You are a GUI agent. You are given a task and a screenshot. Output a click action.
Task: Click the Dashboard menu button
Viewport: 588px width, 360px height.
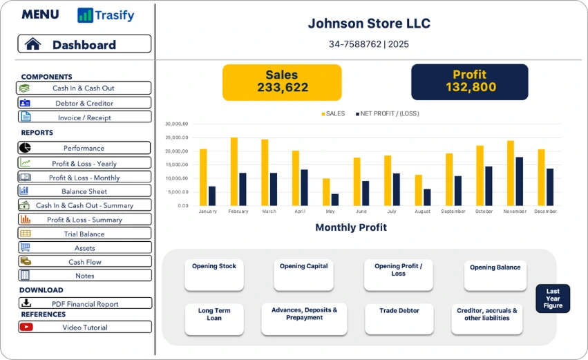pos(84,44)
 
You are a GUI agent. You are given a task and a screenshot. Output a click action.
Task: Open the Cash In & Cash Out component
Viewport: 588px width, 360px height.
pos(84,88)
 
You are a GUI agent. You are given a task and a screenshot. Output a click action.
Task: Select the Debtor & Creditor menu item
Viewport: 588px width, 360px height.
pos(84,103)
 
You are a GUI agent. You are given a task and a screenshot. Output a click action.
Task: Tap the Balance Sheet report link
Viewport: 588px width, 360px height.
pos(84,191)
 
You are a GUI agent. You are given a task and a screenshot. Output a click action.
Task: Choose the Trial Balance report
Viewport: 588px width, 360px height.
pos(84,234)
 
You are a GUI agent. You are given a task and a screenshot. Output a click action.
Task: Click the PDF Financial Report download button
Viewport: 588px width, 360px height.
pos(84,303)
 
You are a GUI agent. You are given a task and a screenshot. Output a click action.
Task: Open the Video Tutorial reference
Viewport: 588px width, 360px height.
pos(84,327)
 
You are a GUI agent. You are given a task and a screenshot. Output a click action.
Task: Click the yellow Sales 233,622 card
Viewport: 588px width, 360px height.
pos(282,82)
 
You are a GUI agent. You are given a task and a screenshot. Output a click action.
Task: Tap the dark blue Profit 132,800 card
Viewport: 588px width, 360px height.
pos(469,82)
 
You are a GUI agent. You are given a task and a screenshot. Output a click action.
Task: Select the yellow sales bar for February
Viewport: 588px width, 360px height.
pos(234,171)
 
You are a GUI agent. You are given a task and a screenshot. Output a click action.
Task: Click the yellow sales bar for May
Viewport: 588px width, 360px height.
pos(326,192)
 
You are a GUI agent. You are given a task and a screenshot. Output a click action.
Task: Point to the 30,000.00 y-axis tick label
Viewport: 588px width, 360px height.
pos(177,124)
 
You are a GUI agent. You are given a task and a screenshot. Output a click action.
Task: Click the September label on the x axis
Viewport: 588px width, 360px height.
pos(453,211)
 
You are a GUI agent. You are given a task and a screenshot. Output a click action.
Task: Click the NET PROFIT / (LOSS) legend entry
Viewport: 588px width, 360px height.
pos(388,114)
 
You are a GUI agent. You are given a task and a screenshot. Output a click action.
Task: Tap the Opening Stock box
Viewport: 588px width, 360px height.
pos(214,274)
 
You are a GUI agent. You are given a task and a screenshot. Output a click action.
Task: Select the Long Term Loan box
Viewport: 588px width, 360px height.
pos(214,319)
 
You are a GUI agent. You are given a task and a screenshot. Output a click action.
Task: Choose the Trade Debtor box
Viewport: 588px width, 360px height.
pos(399,319)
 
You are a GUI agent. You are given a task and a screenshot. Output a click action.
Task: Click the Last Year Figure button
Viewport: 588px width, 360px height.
pos(553,299)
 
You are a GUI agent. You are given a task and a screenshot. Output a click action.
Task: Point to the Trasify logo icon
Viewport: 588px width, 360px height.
pos(86,15)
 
